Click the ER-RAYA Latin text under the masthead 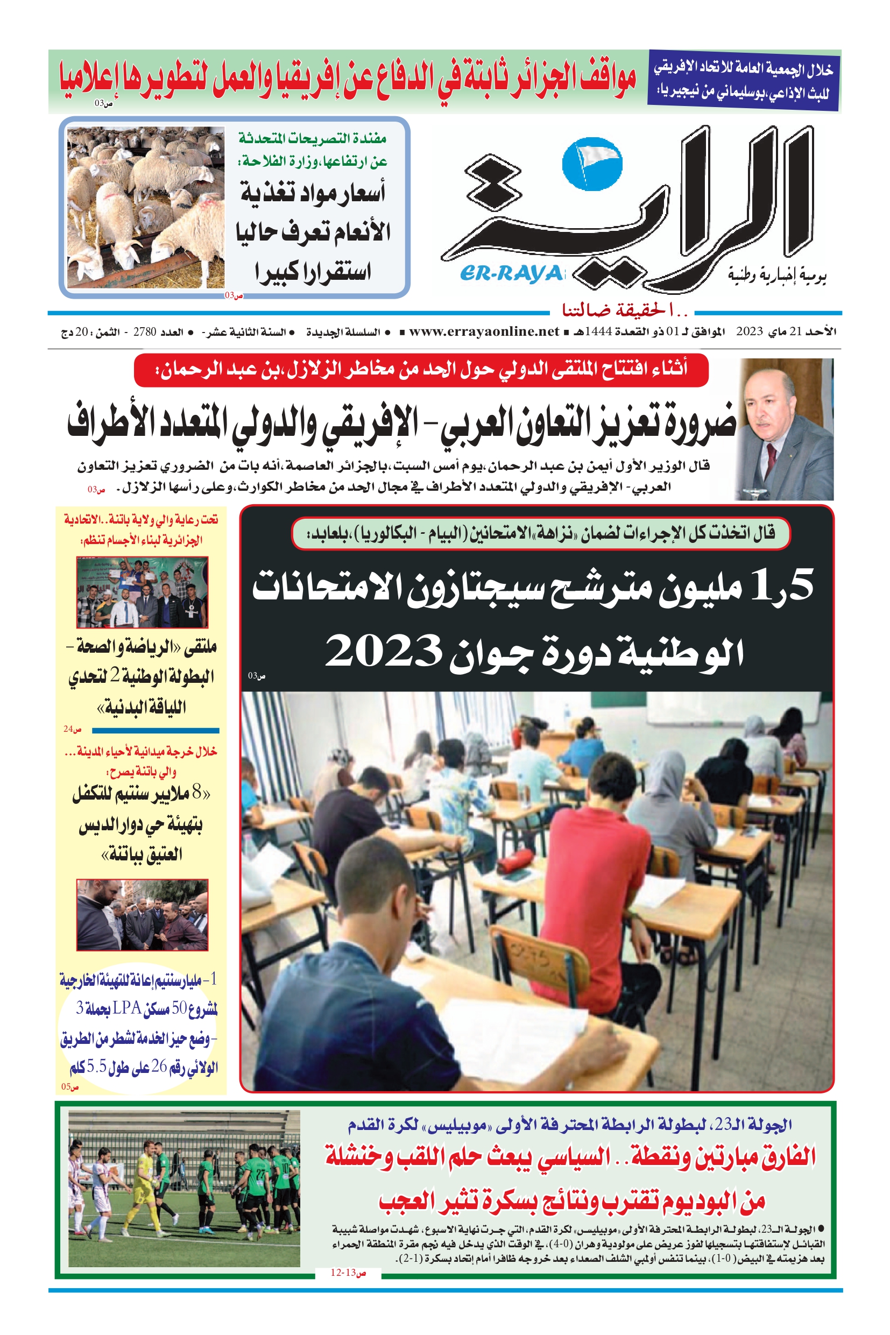tap(511, 273)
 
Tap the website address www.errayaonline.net tap(484, 331)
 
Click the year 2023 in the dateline tap(750, 331)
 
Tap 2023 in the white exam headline tap(384, 651)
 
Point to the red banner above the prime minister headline tap(421, 370)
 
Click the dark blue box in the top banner tap(744, 81)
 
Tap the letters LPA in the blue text tap(126, 1007)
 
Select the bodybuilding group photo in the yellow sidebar tap(143, 592)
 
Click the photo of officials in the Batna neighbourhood tap(143, 914)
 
